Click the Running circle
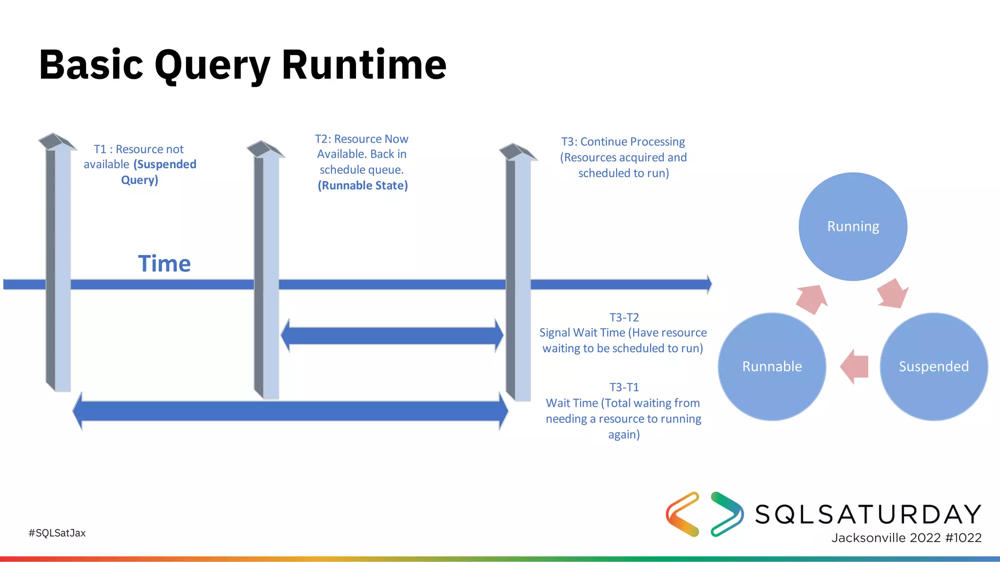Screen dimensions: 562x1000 tap(853, 226)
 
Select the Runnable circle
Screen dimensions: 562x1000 tap(771, 366)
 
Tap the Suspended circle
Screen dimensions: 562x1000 tap(934, 366)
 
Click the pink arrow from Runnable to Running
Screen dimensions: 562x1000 tap(812, 299)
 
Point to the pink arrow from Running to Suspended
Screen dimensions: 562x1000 tap(893, 294)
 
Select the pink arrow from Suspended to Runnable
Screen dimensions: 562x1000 tap(854, 366)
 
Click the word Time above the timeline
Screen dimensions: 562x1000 tap(164, 264)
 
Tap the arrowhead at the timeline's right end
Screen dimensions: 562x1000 tap(709, 284)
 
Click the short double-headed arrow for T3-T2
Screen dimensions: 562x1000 tap(392, 336)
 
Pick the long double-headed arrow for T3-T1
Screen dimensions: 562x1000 tap(290, 411)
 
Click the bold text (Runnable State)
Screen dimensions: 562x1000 tap(362, 185)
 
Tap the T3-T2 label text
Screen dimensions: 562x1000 tap(624, 318)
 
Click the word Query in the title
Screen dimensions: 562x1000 tap(212, 66)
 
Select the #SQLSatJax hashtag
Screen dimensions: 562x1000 tap(57, 533)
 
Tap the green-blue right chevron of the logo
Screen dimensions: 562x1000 tap(727, 514)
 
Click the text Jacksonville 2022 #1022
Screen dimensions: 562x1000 tap(906, 538)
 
